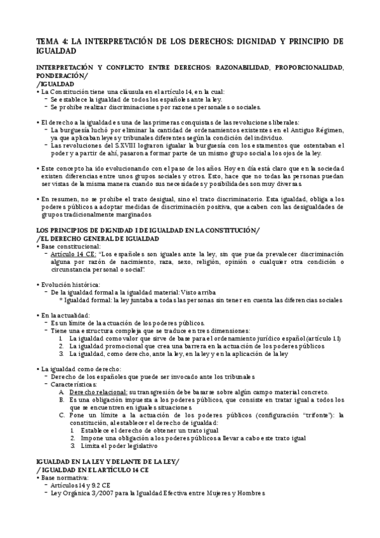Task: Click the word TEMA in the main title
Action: click(x=47, y=41)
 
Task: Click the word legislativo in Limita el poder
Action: click(x=131, y=445)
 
